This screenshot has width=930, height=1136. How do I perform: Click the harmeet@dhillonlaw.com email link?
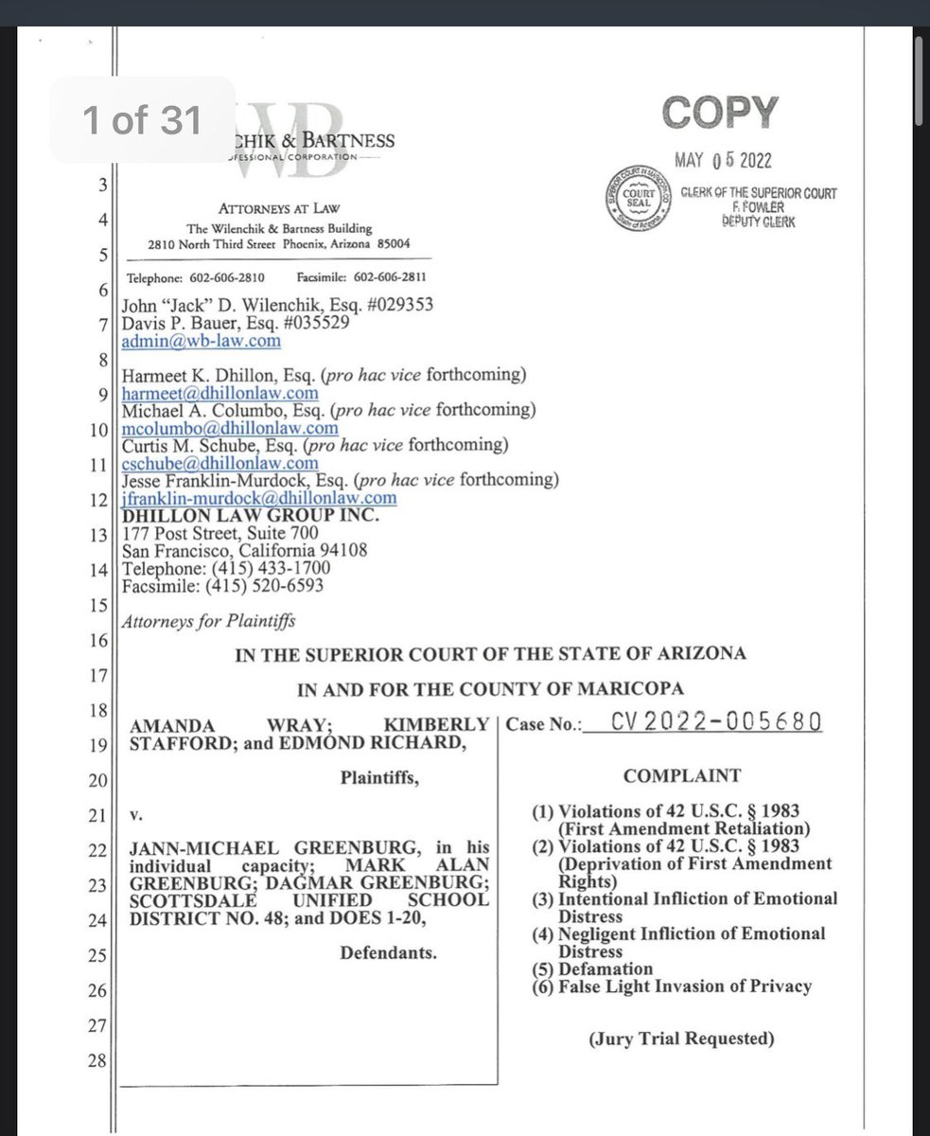(x=219, y=393)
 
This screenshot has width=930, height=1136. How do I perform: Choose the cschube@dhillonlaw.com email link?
(x=220, y=463)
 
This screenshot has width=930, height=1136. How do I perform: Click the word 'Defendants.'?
(x=389, y=952)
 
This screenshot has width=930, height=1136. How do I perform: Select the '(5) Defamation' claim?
(x=593, y=968)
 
